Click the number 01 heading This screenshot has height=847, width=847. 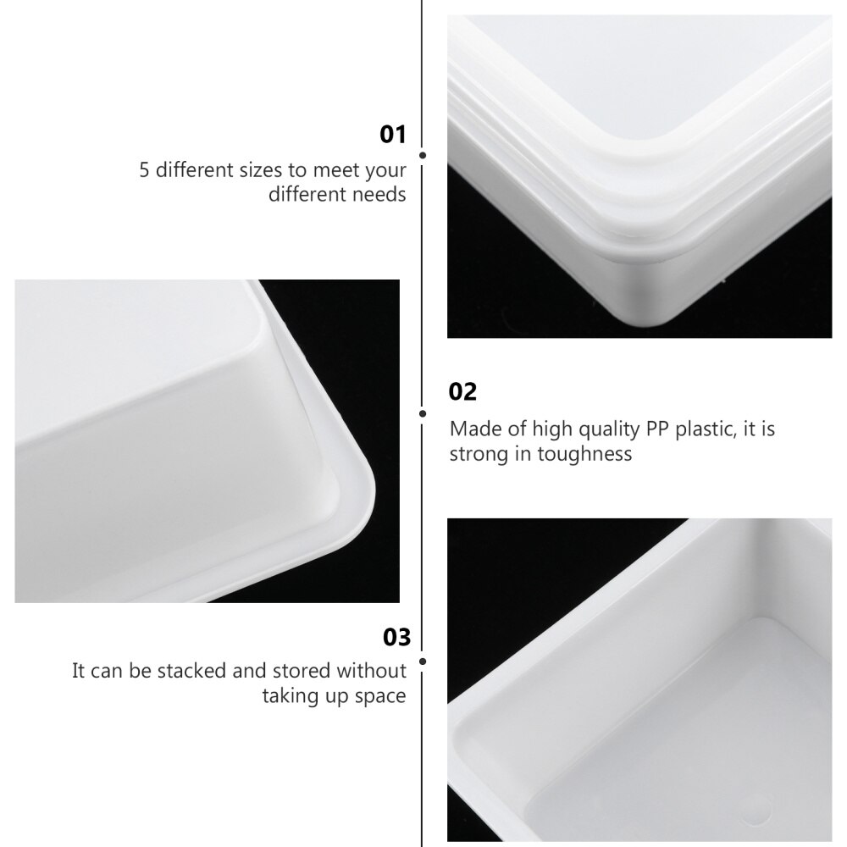point(393,134)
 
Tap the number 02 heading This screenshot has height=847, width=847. point(462,391)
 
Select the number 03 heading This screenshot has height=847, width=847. point(396,637)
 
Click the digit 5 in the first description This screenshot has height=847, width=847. point(145,170)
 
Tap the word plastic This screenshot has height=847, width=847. point(700,429)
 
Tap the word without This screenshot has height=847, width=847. point(372,672)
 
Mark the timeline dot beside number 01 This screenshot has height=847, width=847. point(423,156)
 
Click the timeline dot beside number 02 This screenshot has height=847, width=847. point(423,413)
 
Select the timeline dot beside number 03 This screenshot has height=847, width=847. point(423,659)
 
